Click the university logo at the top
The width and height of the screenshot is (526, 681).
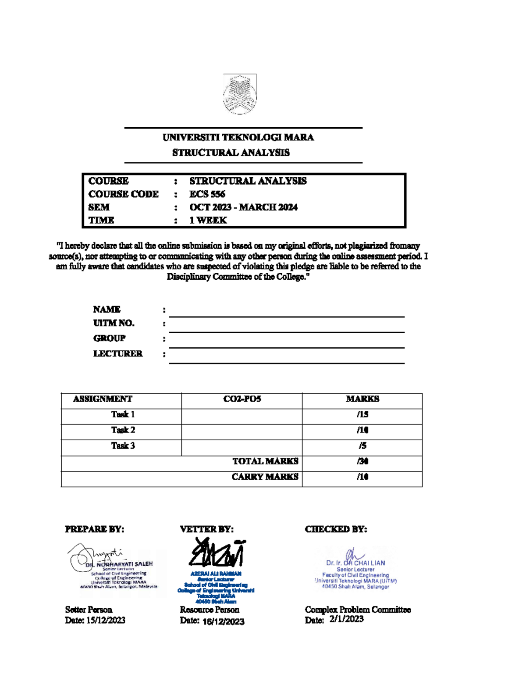pyautogui.click(x=240, y=94)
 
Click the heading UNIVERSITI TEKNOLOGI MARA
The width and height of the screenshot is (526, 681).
pyautogui.click(x=238, y=137)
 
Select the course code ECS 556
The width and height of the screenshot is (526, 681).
pyautogui.click(x=207, y=194)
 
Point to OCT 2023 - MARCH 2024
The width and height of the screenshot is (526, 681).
pyautogui.click(x=243, y=207)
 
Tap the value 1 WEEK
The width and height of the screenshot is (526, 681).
pyautogui.click(x=208, y=220)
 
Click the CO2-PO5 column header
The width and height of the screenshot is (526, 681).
pyautogui.click(x=242, y=399)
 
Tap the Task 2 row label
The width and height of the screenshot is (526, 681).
pyautogui.click(x=123, y=430)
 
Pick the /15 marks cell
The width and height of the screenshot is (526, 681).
pyautogui.click(x=363, y=414)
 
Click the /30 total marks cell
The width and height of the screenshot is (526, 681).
pyautogui.click(x=363, y=461)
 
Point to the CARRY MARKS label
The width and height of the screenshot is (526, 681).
pyautogui.click(x=265, y=477)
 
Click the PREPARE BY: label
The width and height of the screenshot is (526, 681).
pyautogui.click(x=94, y=529)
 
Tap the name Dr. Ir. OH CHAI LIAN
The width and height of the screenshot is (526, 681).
pyautogui.click(x=355, y=563)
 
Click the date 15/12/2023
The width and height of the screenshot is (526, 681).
pyautogui.click(x=106, y=620)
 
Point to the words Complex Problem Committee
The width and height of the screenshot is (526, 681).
pyautogui.click(x=358, y=610)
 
